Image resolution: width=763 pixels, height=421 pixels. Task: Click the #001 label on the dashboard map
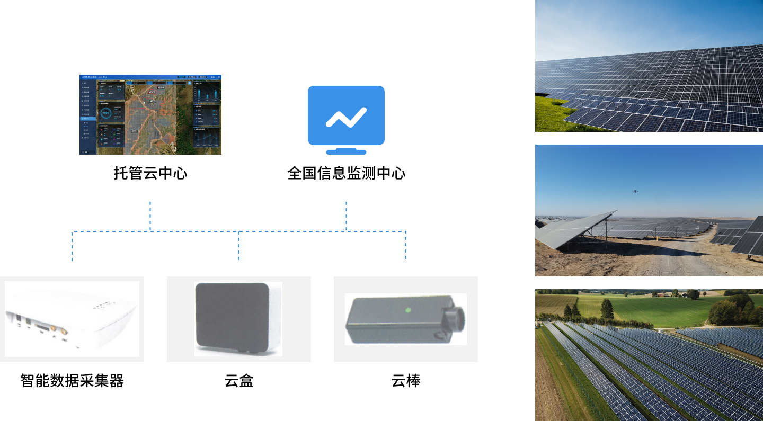(134, 131)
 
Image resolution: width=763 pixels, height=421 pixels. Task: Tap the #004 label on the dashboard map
(161, 87)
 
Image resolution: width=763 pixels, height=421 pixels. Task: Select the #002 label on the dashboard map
(152, 101)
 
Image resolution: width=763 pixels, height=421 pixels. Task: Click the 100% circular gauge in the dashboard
(105, 113)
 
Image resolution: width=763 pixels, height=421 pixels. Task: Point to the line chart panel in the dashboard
(206, 139)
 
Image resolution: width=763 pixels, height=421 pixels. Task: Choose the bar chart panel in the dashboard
(206, 92)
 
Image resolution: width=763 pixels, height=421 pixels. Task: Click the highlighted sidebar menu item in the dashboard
(88, 119)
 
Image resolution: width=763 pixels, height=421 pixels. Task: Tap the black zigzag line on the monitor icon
(346, 118)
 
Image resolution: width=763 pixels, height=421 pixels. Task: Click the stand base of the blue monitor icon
(346, 152)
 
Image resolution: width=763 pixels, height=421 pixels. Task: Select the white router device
(72, 319)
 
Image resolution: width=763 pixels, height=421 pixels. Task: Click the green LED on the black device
(407, 310)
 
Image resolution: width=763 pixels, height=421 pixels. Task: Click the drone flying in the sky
(634, 191)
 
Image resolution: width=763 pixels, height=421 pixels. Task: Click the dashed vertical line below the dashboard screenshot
(150, 216)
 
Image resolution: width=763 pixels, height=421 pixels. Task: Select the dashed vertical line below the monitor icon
(347, 216)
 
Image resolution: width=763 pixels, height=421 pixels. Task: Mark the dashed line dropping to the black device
(406, 245)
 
